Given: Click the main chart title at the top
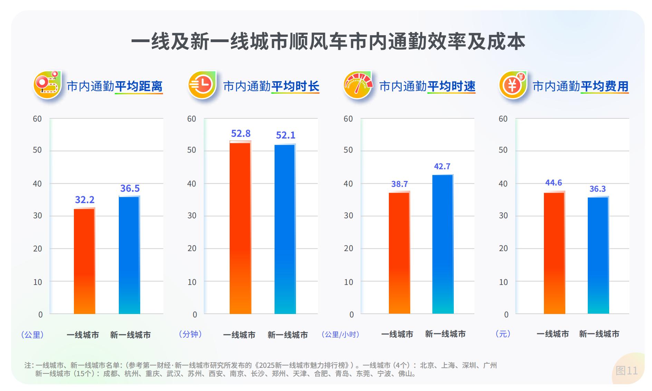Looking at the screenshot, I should click(x=328, y=42).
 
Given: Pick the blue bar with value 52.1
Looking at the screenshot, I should click(x=285, y=229).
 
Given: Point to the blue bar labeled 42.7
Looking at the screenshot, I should click(x=443, y=244).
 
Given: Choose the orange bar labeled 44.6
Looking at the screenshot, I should click(x=554, y=253).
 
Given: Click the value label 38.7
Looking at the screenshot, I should click(x=400, y=184).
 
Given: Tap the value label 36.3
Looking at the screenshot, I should click(x=597, y=189).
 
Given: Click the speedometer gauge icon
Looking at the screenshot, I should click(x=358, y=85).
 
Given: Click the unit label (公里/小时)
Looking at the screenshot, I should click(x=341, y=334).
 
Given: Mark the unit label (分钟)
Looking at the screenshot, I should click(x=190, y=334).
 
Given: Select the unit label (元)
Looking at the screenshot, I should click(x=503, y=334).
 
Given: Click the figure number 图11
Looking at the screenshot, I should click(x=626, y=371).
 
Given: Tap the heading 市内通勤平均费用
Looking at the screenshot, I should click(x=580, y=86).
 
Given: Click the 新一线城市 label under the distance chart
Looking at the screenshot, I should click(x=131, y=335).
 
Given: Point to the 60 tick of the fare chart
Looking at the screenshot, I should click(x=503, y=119).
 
